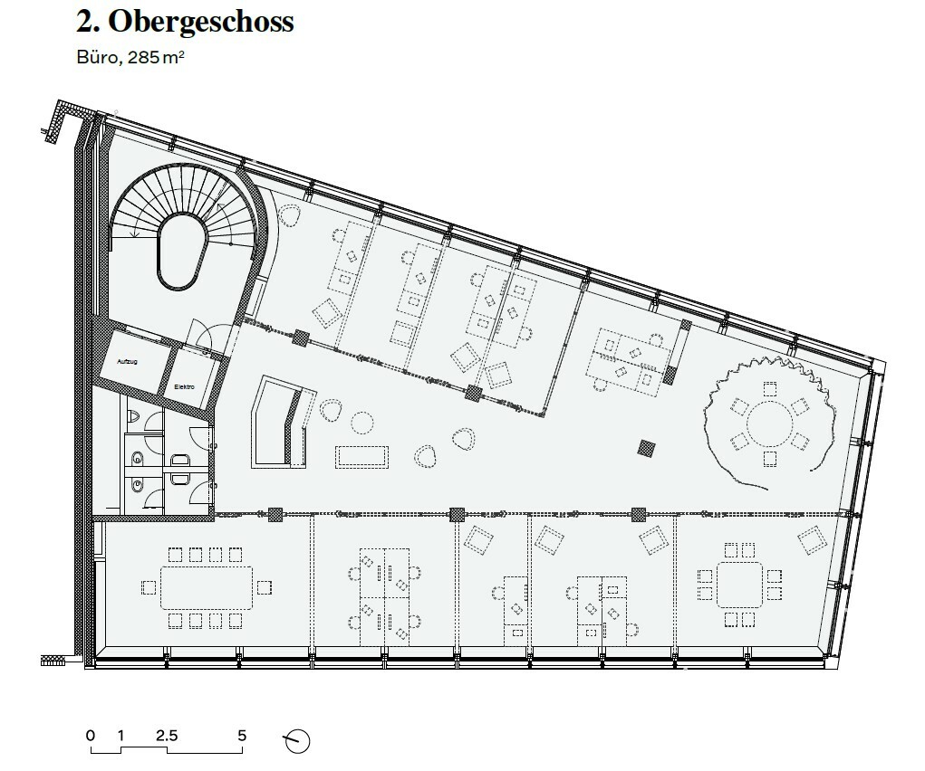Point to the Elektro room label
(x=185, y=386)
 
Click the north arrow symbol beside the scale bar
(x=297, y=740)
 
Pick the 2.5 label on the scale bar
(x=166, y=736)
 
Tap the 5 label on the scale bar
(x=242, y=736)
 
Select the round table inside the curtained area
(x=769, y=421)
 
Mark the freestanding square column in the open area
(x=646, y=448)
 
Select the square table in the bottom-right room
(x=740, y=584)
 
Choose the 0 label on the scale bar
(x=90, y=736)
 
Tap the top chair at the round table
(x=769, y=390)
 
